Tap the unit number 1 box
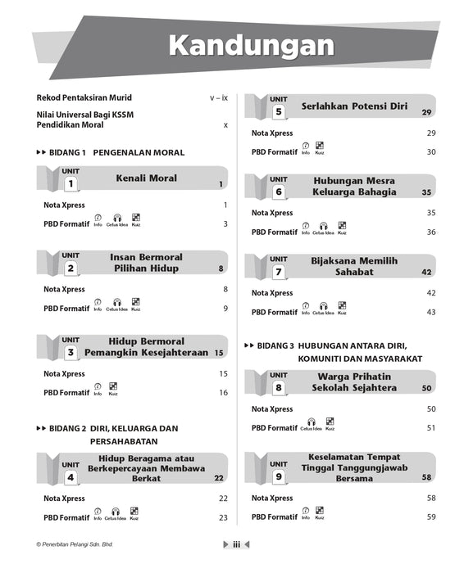coord(71,184)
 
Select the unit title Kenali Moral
coord(146,178)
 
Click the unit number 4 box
coord(71,477)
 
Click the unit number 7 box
coord(278,272)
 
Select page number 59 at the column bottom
coord(430,517)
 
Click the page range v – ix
coord(219,97)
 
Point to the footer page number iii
coord(235,544)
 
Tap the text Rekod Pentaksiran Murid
coord(84,97)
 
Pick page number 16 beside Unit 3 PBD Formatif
coord(223,393)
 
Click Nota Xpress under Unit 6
coord(272,213)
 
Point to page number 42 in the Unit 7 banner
coord(425,272)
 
